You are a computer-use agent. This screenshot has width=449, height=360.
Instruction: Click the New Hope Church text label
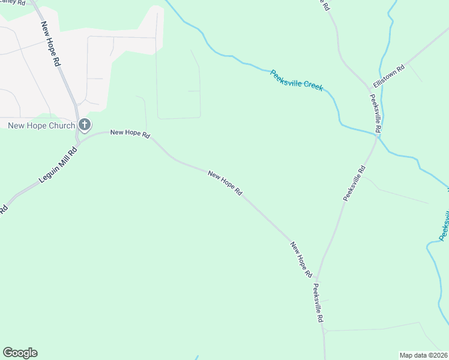click(x=41, y=125)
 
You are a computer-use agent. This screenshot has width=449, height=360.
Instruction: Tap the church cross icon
click(x=85, y=125)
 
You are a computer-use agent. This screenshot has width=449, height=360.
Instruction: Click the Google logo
click(x=20, y=353)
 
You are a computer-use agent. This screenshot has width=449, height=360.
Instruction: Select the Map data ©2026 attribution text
click(x=423, y=355)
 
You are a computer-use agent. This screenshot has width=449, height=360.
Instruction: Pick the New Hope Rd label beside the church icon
click(x=130, y=133)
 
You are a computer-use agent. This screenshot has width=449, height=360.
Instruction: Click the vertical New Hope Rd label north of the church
click(x=51, y=44)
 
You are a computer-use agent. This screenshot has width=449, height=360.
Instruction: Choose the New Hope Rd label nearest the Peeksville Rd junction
click(x=301, y=260)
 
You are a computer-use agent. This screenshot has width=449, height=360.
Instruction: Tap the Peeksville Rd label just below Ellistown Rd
click(x=376, y=113)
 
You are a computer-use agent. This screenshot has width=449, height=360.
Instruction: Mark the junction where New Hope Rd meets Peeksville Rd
click(x=318, y=279)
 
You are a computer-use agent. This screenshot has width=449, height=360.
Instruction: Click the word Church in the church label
click(x=61, y=125)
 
